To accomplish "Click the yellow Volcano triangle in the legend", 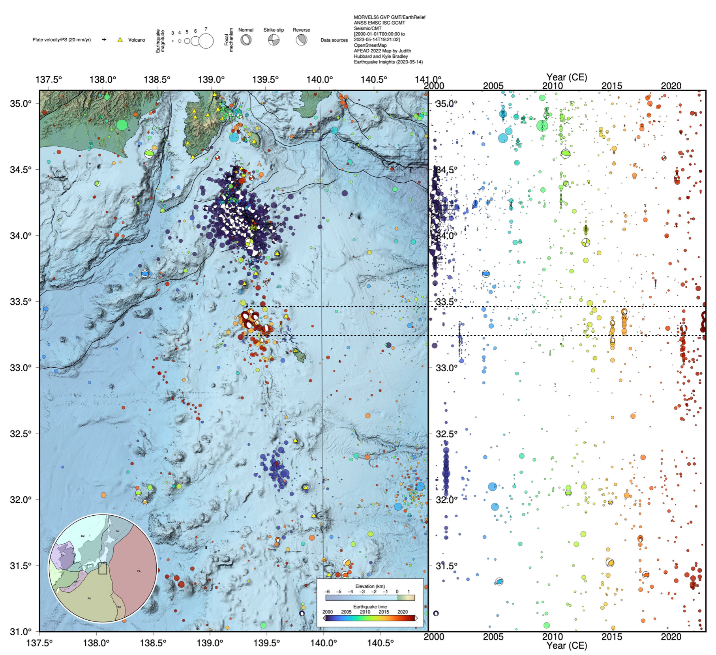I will [120, 40].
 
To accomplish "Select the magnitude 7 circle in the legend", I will [206, 41].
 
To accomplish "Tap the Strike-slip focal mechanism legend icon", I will [274, 40].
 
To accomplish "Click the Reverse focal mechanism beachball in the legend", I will [301, 40].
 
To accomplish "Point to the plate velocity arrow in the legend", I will [104, 39].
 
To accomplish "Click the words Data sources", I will [334, 40].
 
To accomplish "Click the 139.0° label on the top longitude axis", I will [211, 80].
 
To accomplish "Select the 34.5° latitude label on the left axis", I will [21, 170].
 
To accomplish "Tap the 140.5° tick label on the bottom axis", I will [380, 643].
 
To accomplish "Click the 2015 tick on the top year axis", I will [611, 86].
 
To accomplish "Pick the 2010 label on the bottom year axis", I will [552, 636].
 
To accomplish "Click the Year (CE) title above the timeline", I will [566, 77].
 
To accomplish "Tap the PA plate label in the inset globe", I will [139, 571].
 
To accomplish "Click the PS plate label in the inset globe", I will [89, 599].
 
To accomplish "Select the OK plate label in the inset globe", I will [117, 531].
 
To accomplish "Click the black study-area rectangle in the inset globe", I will [103, 568].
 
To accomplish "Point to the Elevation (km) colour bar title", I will [370, 586].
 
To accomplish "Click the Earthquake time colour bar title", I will [370, 606].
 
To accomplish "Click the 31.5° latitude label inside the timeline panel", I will [446, 566].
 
